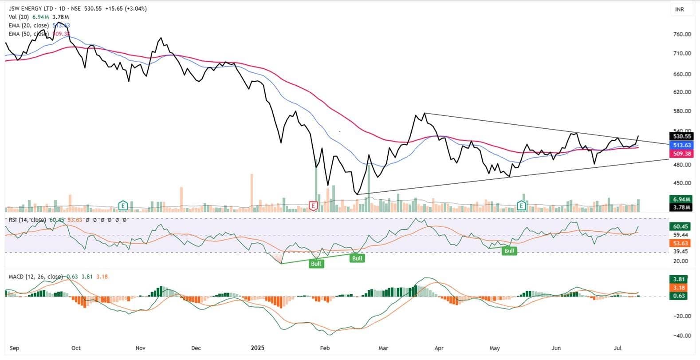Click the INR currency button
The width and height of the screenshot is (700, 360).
click(x=679, y=9)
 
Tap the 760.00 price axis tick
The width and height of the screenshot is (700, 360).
click(x=682, y=34)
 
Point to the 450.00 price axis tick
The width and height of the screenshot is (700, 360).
click(x=682, y=183)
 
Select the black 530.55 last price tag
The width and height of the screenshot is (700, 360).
click(x=681, y=137)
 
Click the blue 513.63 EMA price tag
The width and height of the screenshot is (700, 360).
click(x=681, y=145)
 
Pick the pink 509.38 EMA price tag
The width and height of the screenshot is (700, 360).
click(x=681, y=154)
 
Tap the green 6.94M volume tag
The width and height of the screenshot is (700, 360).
click(x=681, y=199)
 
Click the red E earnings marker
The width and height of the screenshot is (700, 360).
click(x=314, y=206)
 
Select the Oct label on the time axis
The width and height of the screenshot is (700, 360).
click(x=76, y=348)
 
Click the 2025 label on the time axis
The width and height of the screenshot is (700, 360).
click(x=257, y=348)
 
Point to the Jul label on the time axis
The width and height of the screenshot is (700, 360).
click(x=617, y=348)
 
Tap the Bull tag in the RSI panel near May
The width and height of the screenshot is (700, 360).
click(x=509, y=251)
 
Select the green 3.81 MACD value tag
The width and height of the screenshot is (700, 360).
click(x=679, y=279)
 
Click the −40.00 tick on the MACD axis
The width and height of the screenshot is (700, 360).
click(x=682, y=336)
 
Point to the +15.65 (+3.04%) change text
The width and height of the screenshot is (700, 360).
click(x=126, y=8)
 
